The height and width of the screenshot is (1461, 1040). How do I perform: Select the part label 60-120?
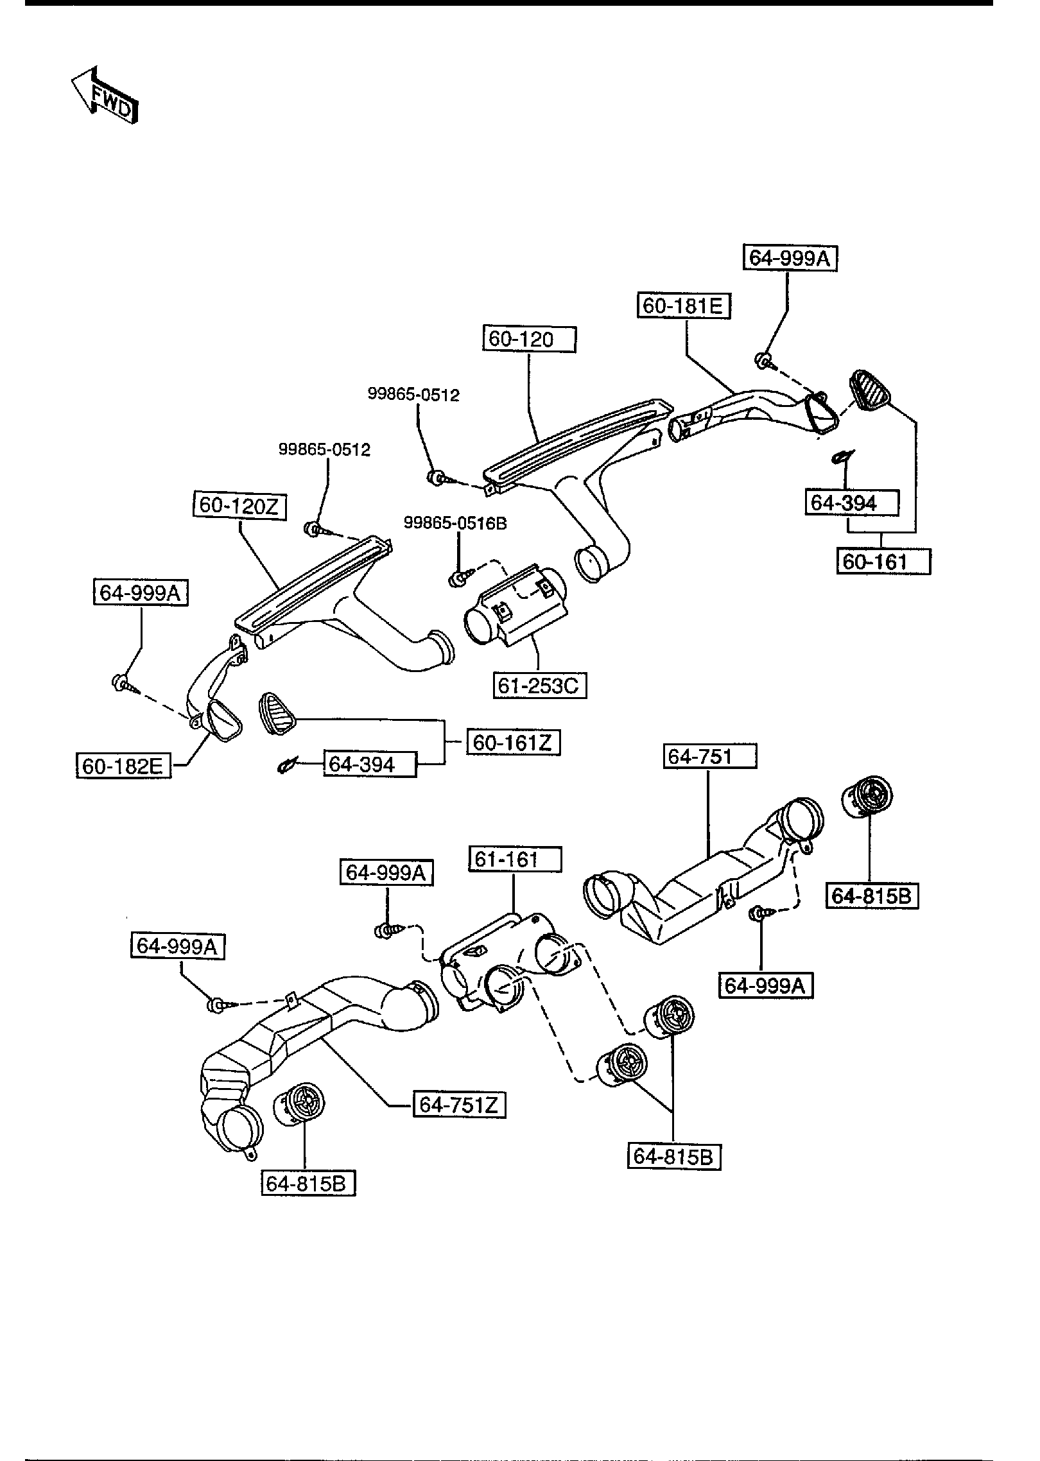pyautogui.click(x=528, y=339)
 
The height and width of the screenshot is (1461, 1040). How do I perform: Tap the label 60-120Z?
pyautogui.click(x=239, y=506)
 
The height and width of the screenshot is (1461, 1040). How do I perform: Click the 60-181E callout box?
pyautogui.click(x=684, y=306)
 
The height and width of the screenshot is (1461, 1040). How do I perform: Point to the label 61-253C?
pyautogui.click(x=540, y=686)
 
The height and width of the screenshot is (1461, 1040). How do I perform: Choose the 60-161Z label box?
pyautogui.click(x=512, y=743)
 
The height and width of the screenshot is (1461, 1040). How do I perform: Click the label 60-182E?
pyautogui.click(x=123, y=766)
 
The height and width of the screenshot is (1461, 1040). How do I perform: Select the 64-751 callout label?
pyautogui.click(x=709, y=756)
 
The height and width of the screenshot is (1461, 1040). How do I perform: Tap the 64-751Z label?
pyautogui.click(x=458, y=1105)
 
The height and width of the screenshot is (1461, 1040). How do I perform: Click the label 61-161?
pyautogui.click(x=515, y=859)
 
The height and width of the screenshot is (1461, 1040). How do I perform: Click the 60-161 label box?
pyautogui.click(x=883, y=562)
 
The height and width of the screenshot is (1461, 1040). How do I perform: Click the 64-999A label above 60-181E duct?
pyautogui.click(x=790, y=258)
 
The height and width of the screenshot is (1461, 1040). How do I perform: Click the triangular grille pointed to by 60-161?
pyautogui.click(x=870, y=390)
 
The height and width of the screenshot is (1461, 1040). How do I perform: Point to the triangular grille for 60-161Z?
pyautogui.click(x=277, y=712)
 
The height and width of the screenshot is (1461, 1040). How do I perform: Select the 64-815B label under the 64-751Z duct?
pyautogui.click(x=308, y=1182)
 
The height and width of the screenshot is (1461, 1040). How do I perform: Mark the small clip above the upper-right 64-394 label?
pyautogui.click(x=840, y=456)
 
